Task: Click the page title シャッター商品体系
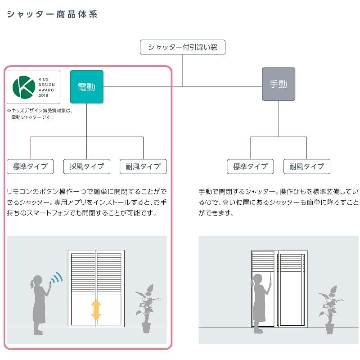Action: (52, 14)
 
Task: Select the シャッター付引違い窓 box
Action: (183, 47)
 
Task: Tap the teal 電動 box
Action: (87, 87)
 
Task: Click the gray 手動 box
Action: (279, 84)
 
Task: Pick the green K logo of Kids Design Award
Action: (23, 87)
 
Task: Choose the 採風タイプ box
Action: (87, 166)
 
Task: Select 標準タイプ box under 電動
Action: (30, 166)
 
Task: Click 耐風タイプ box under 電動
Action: (143, 166)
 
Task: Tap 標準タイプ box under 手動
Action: (250, 166)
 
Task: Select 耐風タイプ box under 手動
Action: (307, 166)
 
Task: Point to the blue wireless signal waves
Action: (56, 278)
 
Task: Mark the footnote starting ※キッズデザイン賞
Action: (39, 113)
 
